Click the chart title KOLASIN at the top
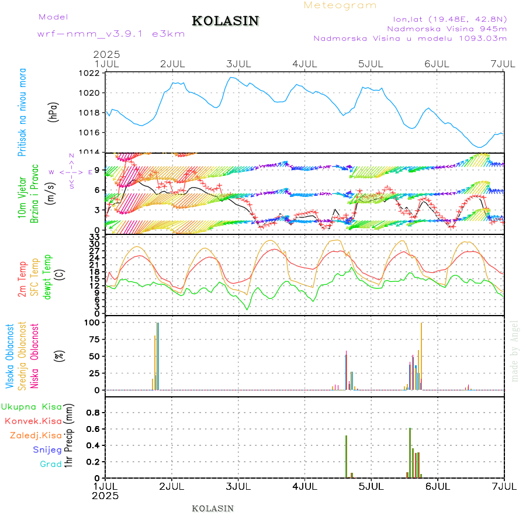(225, 21)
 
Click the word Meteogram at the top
(340, 5)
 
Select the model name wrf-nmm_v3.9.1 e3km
(111, 34)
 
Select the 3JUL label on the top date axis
(238, 63)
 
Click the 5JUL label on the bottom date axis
(371, 486)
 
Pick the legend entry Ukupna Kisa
(32, 406)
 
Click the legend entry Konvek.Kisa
(33, 421)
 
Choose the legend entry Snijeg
(47, 449)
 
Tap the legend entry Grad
(50, 464)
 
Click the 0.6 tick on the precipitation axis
(94, 429)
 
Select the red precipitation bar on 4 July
(346, 456)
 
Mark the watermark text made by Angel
(515, 351)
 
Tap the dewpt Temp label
(48, 276)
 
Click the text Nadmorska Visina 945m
(447, 28)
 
